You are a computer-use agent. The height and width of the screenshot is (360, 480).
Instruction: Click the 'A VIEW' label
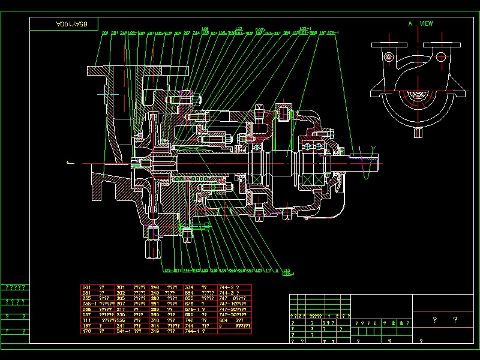pyautogui.click(x=420, y=23)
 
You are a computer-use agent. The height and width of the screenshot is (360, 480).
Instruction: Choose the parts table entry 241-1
pyautogui.click(x=124, y=331)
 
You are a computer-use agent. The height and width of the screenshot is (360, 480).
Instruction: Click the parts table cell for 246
pyautogui.click(x=155, y=287)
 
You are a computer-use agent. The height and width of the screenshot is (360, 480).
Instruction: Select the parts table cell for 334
pyautogui.click(x=189, y=287)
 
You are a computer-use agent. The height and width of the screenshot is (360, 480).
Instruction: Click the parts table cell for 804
pyautogui.click(x=224, y=320)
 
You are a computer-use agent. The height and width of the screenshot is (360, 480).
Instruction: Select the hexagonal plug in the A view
pyautogui.click(x=389, y=58)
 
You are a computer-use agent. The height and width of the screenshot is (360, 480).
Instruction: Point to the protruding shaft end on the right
pyautogui.click(x=367, y=160)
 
